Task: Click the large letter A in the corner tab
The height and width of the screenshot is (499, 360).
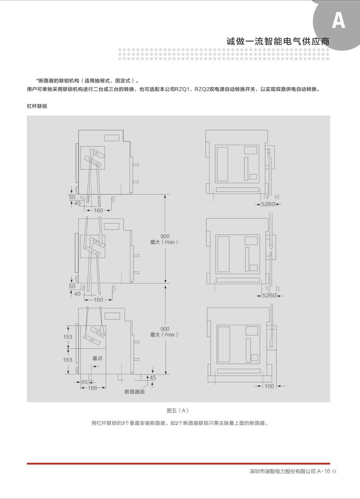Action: pos(338,20)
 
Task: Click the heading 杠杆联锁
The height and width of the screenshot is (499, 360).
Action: pos(37,106)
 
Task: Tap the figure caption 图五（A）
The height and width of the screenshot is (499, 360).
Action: pos(178,410)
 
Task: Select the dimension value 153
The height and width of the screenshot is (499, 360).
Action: pos(68,337)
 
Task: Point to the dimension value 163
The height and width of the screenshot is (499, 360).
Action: pos(68,360)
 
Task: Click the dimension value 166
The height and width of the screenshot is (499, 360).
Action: pos(92,388)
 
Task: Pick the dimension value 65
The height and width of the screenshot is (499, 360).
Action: pos(84,382)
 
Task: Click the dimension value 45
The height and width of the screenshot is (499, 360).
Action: pos(153,377)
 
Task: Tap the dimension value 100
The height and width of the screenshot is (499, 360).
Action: pos(269,386)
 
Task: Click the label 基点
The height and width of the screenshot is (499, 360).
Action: pos(97,358)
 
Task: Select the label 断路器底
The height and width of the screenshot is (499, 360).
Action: pos(135,392)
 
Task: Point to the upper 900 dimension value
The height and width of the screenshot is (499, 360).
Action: pos(165,236)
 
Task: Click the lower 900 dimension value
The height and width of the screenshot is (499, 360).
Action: pos(165,329)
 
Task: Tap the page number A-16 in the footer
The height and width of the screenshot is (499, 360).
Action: pos(323,471)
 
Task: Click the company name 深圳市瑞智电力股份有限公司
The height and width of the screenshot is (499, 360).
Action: pos(283,471)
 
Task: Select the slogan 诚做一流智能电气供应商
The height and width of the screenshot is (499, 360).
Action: pos(278,41)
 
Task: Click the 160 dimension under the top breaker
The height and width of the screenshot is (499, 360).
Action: pos(98,210)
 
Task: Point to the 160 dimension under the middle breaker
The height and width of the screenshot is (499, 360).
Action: pos(98,300)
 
